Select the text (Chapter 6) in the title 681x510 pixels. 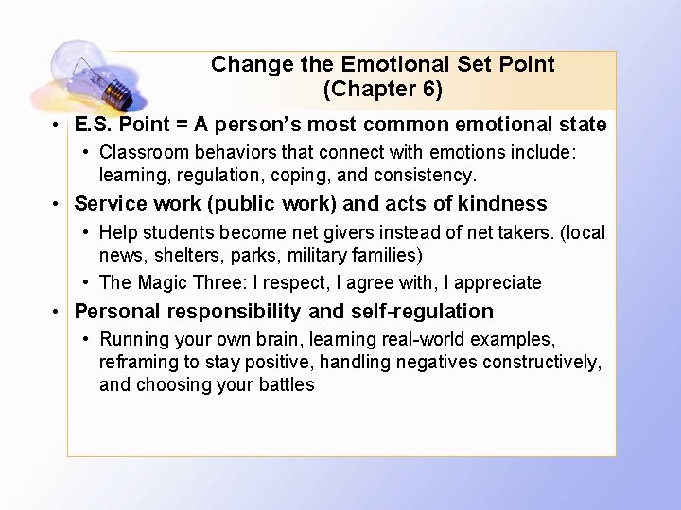[382, 90]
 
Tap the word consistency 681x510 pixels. [430, 175]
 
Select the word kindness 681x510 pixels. [501, 203]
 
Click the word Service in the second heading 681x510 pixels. [110, 203]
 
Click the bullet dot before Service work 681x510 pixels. [58, 204]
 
